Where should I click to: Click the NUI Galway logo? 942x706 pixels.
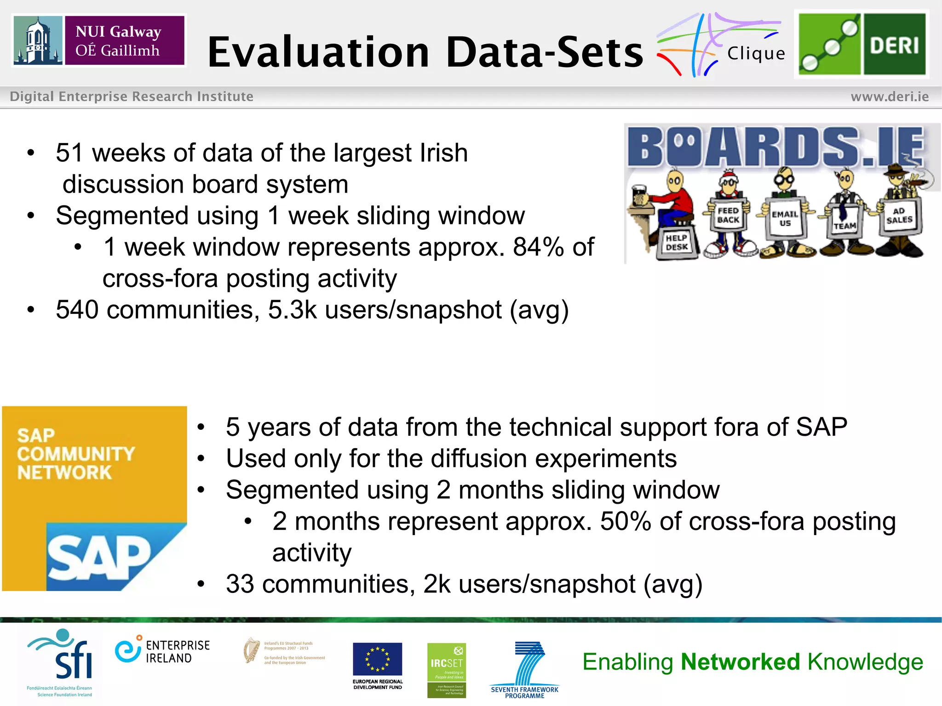99,40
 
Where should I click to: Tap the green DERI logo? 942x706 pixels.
862,44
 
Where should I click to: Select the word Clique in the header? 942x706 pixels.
756,54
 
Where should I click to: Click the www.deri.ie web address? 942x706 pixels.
889,97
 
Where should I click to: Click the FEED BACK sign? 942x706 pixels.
728,216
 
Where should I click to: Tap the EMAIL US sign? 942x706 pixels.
785,218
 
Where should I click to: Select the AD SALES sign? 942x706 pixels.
899,216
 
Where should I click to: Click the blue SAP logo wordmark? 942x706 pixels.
99,558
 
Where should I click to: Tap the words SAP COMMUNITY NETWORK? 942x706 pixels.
76,454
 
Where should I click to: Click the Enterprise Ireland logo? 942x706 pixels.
162,651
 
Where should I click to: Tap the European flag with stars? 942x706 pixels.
377,659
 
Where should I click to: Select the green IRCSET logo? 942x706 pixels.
446,670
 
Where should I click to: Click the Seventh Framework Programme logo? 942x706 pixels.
525,669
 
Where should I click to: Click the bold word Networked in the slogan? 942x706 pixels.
740,662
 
